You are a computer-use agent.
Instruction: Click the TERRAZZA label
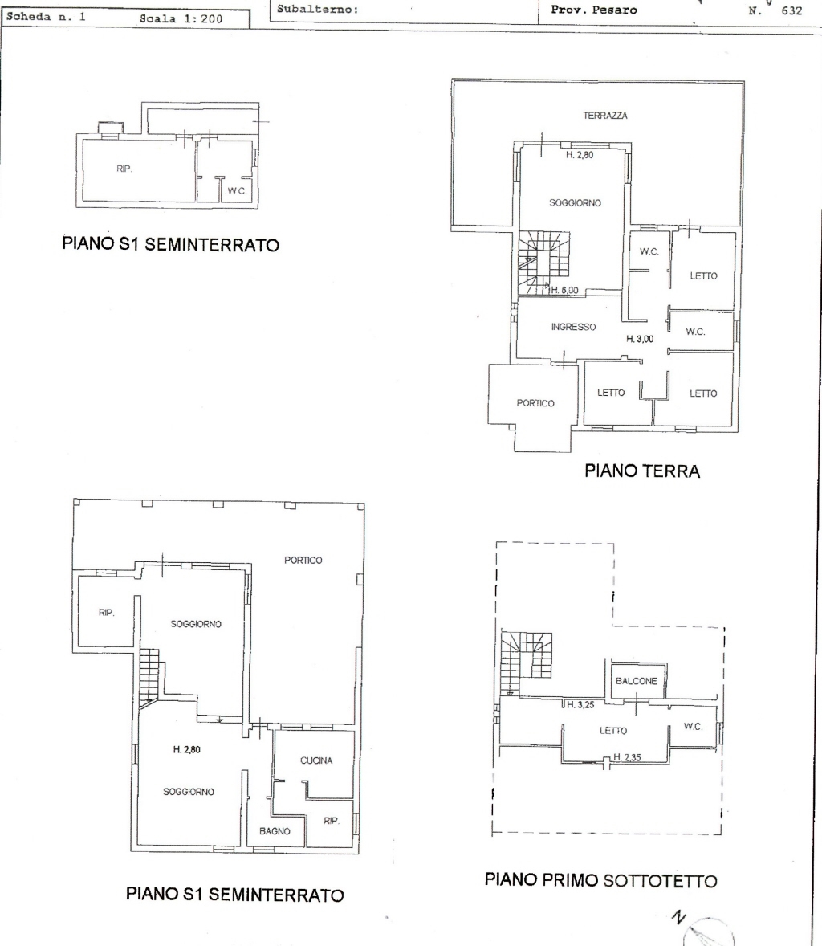[x=605, y=115]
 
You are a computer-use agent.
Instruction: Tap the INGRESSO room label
[x=573, y=327]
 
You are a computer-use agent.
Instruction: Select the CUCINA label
[x=316, y=760]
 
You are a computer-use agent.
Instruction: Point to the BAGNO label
[x=275, y=831]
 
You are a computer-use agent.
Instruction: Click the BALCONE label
[x=637, y=680]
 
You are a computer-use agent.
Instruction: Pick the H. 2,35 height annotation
[x=627, y=757]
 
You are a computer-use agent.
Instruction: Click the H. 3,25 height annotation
[x=580, y=704]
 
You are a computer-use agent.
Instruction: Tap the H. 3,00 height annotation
[x=640, y=339]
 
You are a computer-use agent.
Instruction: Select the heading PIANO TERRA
[x=642, y=471]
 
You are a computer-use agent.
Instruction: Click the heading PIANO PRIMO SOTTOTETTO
[x=601, y=880]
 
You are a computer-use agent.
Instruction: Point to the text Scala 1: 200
[x=181, y=18]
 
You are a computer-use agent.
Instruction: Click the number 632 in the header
[x=791, y=10]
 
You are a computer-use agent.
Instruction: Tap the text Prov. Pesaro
[x=594, y=10]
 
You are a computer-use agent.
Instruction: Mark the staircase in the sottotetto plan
[x=527, y=662]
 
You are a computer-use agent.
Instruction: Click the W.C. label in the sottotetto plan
[x=693, y=727]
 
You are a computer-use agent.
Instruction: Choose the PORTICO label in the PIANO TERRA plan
[x=535, y=403]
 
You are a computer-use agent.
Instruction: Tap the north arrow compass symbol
[x=706, y=932]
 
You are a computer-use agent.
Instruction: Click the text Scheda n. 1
[x=46, y=17]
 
